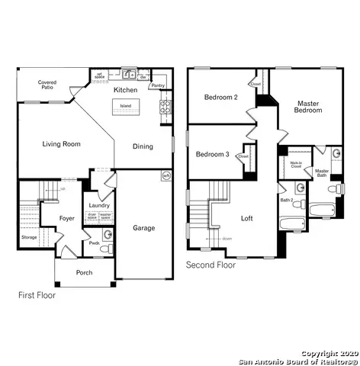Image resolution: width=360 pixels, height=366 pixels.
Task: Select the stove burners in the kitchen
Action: [x=164, y=108]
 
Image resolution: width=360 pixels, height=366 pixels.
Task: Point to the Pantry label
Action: [x=158, y=85]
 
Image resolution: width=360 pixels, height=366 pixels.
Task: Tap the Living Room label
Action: [x=62, y=143]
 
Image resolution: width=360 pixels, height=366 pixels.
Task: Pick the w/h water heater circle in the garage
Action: [x=165, y=175]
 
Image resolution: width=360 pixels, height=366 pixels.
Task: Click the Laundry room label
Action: [x=99, y=205]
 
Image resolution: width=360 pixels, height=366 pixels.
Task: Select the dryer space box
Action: [x=92, y=217]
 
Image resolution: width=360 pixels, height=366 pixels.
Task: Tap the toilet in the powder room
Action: [x=107, y=249]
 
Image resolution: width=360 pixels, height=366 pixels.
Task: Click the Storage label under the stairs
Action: [x=29, y=237]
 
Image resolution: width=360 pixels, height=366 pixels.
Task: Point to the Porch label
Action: [x=85, y=273]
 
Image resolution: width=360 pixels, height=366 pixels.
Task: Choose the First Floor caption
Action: [x=37, y=294]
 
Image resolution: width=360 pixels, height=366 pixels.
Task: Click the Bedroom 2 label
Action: [x=221, y=97]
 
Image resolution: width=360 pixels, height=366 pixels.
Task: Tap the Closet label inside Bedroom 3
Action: [x=243, y=156]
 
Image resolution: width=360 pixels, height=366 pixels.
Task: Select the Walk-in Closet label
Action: [x=296, y=164]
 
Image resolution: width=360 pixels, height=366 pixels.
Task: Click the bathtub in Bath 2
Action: [x=293, y=224]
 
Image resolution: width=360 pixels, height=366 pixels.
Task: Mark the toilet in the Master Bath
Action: [x=333, y=188]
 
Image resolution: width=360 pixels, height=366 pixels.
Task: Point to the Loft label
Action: [x=246, y=219]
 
